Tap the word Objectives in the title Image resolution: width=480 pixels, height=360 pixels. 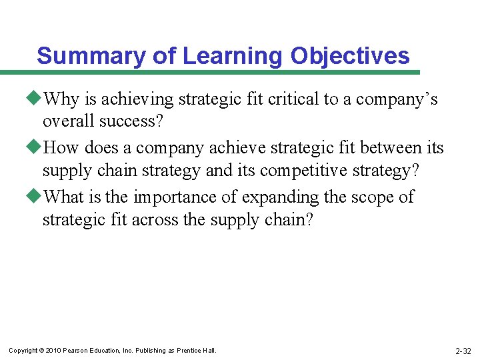(x=350, y=56)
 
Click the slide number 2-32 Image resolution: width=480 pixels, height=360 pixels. (x=463, y=351)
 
